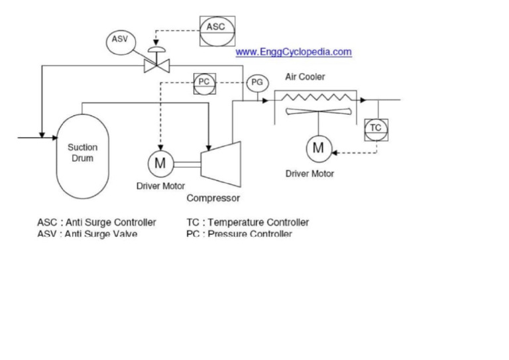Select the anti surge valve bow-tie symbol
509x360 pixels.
coord(157,64)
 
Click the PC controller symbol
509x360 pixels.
coord(203,83)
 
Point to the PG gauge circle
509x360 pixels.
coord(256,83)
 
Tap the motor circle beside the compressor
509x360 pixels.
coord(160,162)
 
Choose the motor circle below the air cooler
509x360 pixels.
coord(319,147)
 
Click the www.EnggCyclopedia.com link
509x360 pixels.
coord(294,52)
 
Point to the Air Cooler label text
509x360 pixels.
coord(305,77)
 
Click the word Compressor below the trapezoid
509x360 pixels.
coord(213,198)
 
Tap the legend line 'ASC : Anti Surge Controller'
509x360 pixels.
coord(97,222)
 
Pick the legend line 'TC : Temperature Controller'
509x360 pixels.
coord(248,222)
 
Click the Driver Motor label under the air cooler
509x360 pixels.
coord(310,174)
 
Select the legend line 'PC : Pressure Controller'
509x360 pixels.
coord(239,234)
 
